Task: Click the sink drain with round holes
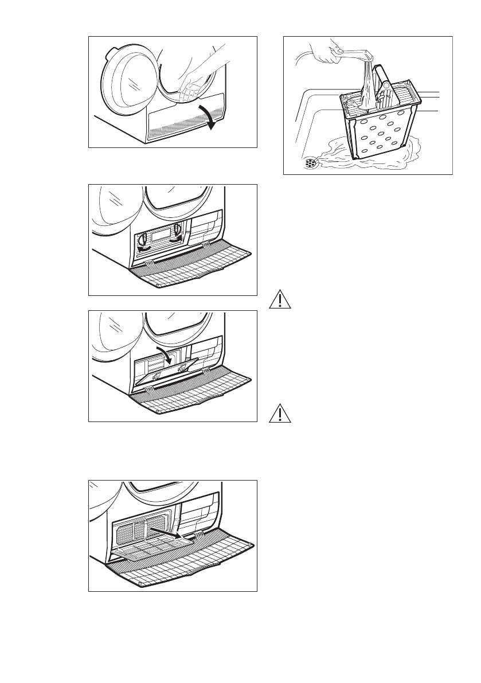pos(311,163)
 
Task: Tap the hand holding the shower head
pos(330,53)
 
